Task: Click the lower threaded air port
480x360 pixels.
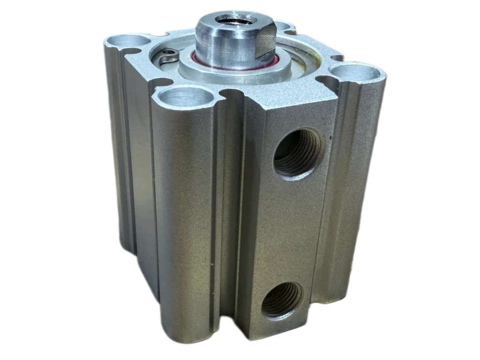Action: [x=282, y=300]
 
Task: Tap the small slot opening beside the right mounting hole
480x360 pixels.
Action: [x=337, y=59]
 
